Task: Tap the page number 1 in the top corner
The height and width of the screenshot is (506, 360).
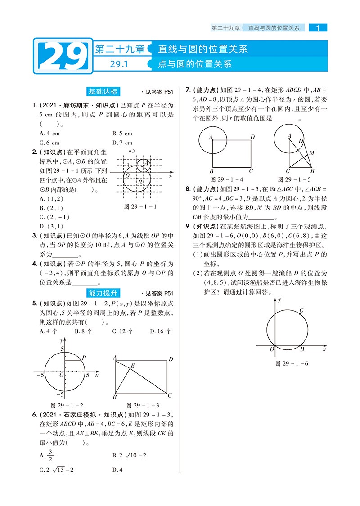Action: tap(318, 28)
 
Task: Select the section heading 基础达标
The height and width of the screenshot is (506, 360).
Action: tap(103, 92)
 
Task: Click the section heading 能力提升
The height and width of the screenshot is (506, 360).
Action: tap(103, 293)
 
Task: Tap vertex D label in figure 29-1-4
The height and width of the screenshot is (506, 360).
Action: tap(252, 137)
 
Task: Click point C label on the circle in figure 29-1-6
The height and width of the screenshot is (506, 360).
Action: tap(301, 310)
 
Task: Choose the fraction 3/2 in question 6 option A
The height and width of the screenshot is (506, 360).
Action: tap(50, 455)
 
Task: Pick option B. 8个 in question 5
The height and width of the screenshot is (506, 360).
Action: tap(84, 331)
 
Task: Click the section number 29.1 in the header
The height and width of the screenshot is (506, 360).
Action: tap(119, 64)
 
